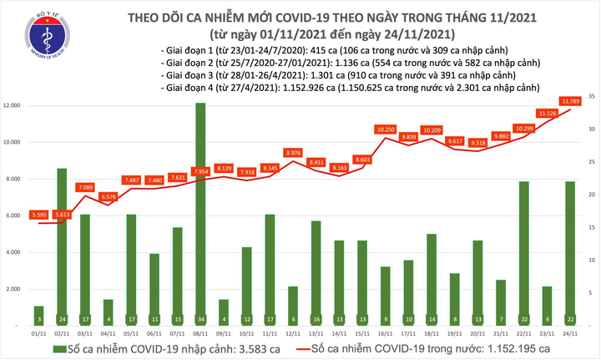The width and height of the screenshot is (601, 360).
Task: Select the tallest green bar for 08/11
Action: [x=201, y=209]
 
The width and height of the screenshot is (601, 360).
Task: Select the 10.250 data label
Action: [x=385, y=129]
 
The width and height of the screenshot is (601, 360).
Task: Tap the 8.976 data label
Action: [x=293, y=152]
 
